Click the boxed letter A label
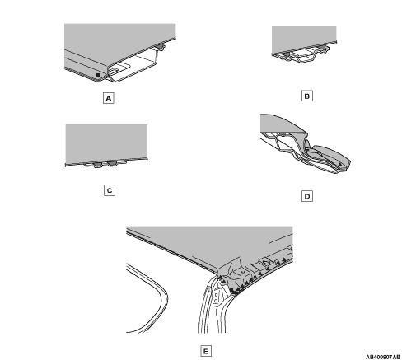click(x=109, y=98)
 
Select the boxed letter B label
click(x=307, y=96)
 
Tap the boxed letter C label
click(x=110, y=190)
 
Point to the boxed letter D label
click(x=307, y=196)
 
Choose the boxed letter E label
click(x=206, y=351)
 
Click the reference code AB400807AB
click(x=383, y=357)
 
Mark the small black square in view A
click(x=98, y=75)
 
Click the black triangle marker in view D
click(x=340, y=164)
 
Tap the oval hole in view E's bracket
click(x=266, y=262)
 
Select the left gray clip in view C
click(x=97, y=165)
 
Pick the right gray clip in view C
click(x=113, y=164)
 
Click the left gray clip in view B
click(x=287, y=56)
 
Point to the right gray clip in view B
click(x=323, y=49)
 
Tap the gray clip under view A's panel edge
click(x=161, y=47)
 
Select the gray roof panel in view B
click(x=304, y=39)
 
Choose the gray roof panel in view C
click(x=106, y=143)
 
